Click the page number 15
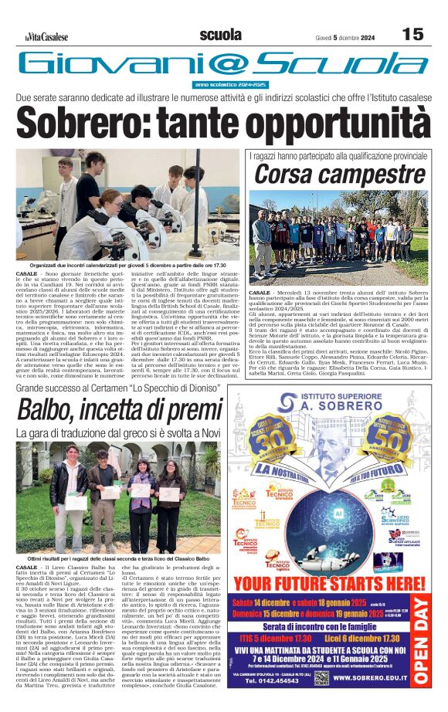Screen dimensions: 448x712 tap(412, 34)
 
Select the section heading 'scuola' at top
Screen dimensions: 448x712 tap(220, 35)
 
